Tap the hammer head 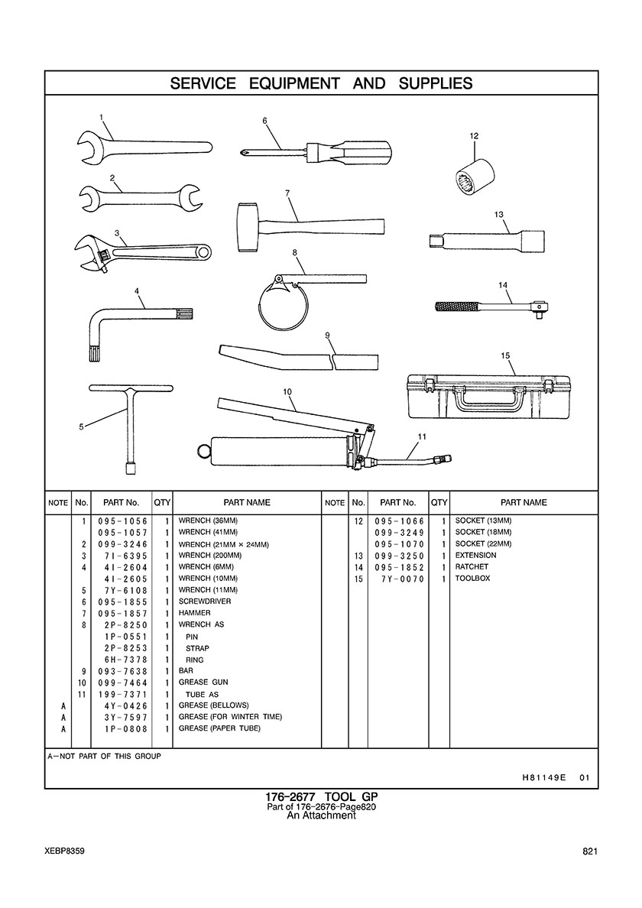coord(248,227)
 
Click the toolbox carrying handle coord(491,395)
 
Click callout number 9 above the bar coord(326,336)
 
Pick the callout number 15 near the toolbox coord(505,355)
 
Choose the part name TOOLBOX coord(472,579)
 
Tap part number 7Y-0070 coord(403,579)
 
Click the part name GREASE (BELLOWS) coord(213,705)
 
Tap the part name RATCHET coord(472,567)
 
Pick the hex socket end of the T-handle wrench coord(131,465)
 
